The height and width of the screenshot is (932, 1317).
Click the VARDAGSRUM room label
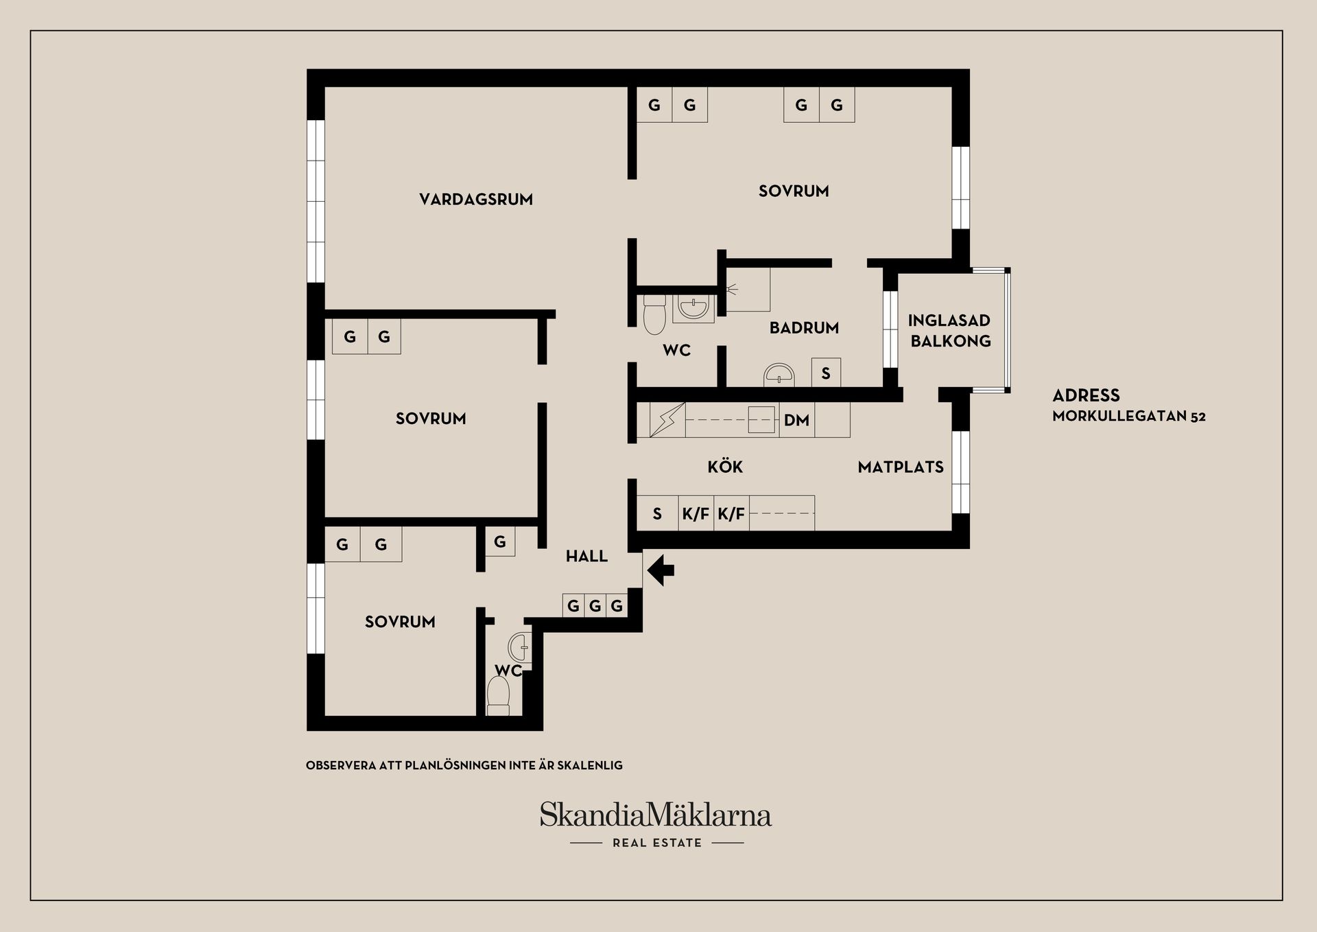476,199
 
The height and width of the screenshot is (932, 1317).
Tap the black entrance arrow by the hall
661,570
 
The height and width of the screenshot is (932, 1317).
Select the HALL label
586,556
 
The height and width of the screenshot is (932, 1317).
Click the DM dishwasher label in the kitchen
796,420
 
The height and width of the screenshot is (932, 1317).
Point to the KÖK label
725,467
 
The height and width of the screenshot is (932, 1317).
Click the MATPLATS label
901,467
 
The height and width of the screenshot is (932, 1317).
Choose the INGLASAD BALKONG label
950,330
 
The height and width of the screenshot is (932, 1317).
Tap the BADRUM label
804,328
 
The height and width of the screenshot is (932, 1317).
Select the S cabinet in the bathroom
826,373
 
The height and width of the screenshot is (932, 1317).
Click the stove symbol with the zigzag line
667,420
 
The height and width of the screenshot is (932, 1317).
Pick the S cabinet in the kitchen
657,513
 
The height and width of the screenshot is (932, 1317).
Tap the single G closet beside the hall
500,541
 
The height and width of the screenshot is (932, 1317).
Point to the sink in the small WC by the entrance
519,646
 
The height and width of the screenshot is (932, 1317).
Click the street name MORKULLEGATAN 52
1128,416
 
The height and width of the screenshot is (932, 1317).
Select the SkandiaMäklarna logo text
655,815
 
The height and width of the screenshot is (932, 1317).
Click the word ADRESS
1086,395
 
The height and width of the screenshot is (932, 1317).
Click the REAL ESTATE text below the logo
657,843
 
